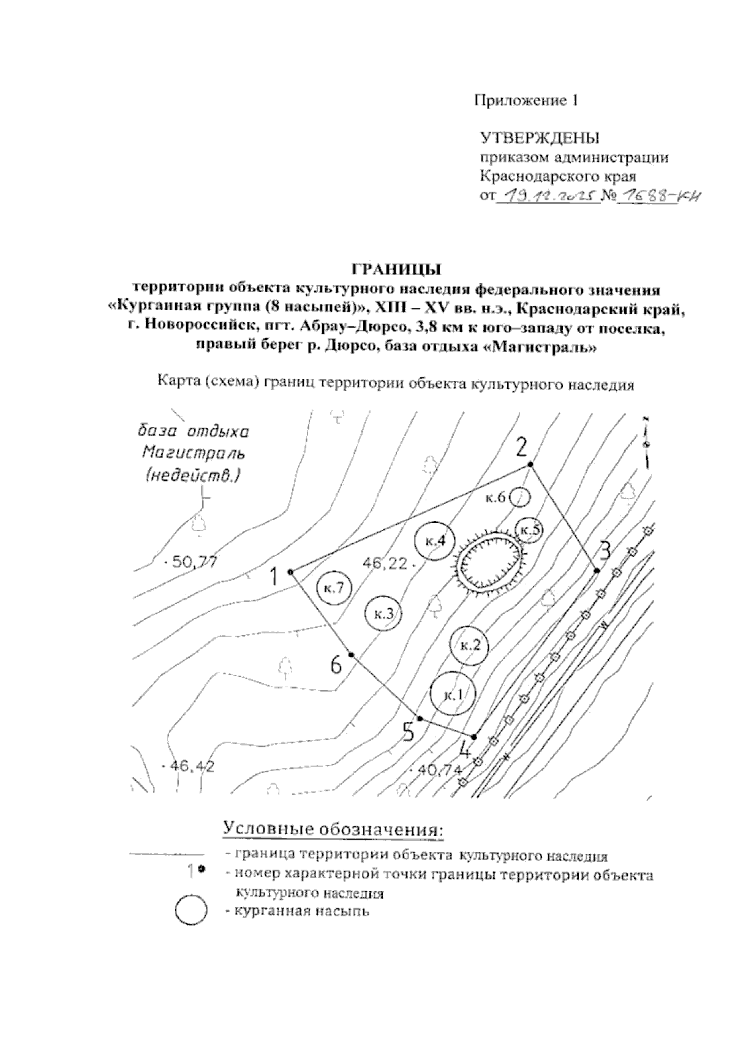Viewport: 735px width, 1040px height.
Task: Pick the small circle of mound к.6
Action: tap(519, 498)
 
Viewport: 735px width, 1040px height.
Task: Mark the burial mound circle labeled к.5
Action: tap(529, 529)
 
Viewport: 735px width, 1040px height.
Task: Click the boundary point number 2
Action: tap(531, 465)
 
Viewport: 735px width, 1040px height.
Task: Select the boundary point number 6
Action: tap(352, 655)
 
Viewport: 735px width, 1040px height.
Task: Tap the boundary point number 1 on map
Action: tap(290, 572)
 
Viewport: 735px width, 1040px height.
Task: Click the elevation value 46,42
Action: tap(191, 766)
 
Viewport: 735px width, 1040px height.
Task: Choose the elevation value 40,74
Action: tap(439, 770)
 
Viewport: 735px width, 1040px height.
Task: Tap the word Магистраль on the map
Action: tap(192, 453)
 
